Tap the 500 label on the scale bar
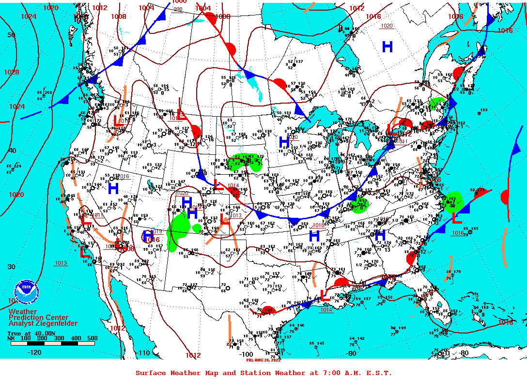pos(92,338)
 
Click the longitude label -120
pos(34,352)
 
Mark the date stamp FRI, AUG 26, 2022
pos(263,360)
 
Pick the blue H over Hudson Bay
pos(387,46)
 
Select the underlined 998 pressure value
pos(178,9)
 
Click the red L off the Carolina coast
pos(456,218)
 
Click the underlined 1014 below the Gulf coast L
pos(326,310)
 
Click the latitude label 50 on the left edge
pos(11,35)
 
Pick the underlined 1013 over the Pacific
pos(61,263)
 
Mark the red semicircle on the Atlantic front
pos(505,197)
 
